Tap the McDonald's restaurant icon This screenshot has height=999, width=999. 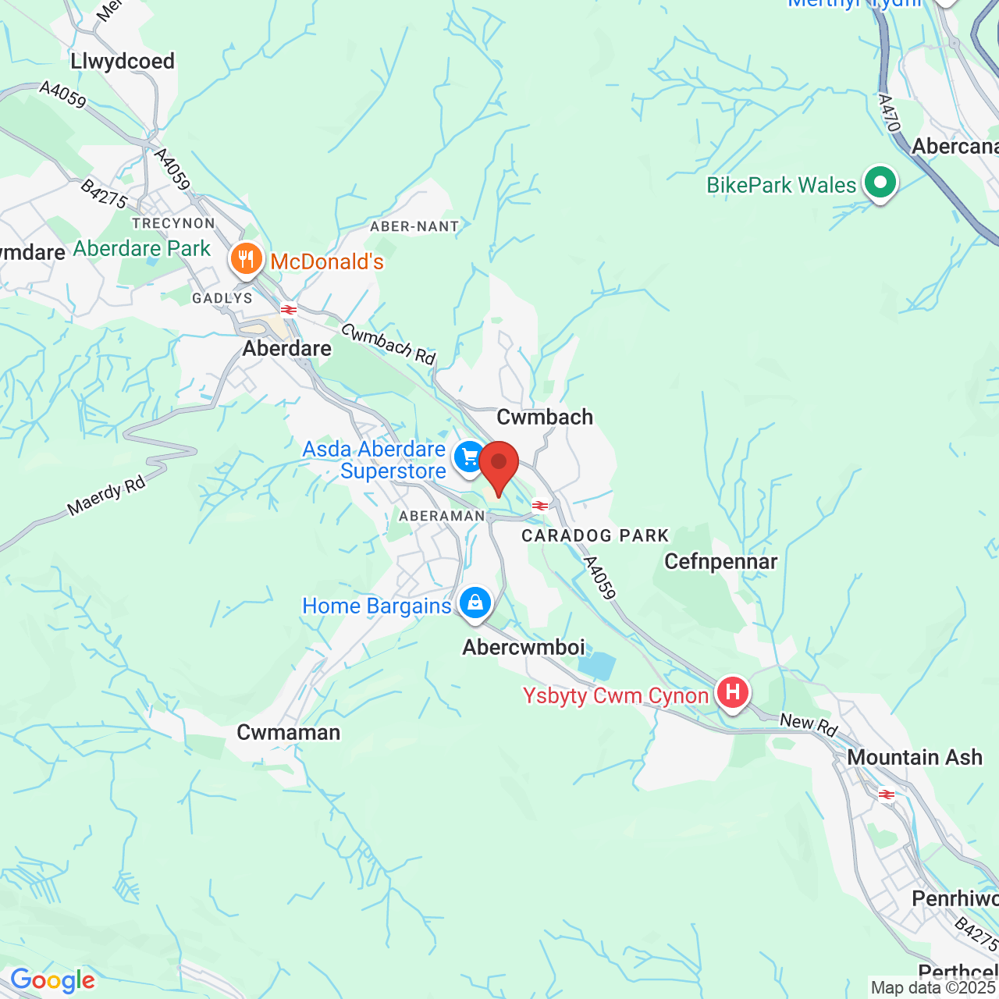(246, 260)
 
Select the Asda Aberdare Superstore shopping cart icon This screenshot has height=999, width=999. (470, 457)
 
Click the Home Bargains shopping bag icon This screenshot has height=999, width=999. (475, 603)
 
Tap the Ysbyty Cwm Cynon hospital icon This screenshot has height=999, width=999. (732, 692)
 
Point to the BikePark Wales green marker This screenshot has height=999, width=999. (880, 183)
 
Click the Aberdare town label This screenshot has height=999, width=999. (286, 348)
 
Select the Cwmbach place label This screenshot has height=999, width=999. (545, 417)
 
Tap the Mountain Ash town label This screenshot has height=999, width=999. (914, 757)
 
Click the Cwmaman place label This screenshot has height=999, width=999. (289, 732)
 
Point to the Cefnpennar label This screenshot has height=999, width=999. (720, 562)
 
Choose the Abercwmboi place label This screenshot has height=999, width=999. (524, 647)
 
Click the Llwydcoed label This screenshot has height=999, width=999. (123, 61)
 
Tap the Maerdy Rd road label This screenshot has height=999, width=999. (107, 496)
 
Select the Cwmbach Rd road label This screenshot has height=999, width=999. (388, 344)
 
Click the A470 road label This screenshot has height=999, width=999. (889, 113)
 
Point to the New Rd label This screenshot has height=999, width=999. (809, 725)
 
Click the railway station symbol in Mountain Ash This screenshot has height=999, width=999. (887, 795)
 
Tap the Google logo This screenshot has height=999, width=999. (52, 980)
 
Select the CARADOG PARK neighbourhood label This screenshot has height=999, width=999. (595, 535)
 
